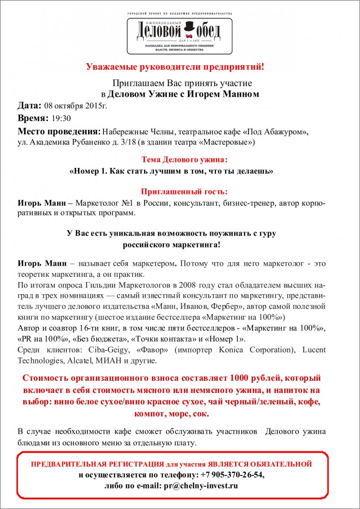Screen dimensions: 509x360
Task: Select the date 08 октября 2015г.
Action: tap(76, 106)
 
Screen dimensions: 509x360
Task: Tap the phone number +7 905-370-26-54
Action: tap(232, 474)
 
